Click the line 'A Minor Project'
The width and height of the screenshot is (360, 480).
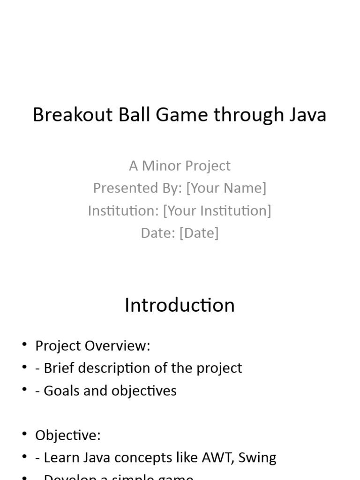tap(180, 165)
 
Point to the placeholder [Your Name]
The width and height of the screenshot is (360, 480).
tap(226, 188)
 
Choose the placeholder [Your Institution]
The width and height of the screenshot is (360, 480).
tap(217, 210)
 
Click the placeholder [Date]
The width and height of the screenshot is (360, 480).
tap(199, 233)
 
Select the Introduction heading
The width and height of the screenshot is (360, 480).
tap(180, 305)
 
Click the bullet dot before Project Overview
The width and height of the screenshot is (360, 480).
tap(24, 345)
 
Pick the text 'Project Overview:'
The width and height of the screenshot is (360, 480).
tap(93, 346)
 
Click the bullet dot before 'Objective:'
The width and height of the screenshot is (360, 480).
tap(24, 435)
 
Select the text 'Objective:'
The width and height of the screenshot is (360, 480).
tap(68, 435)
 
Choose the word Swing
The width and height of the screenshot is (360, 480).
tap(257, 458)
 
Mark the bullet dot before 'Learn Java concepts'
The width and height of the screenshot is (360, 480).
tap(24, 458)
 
